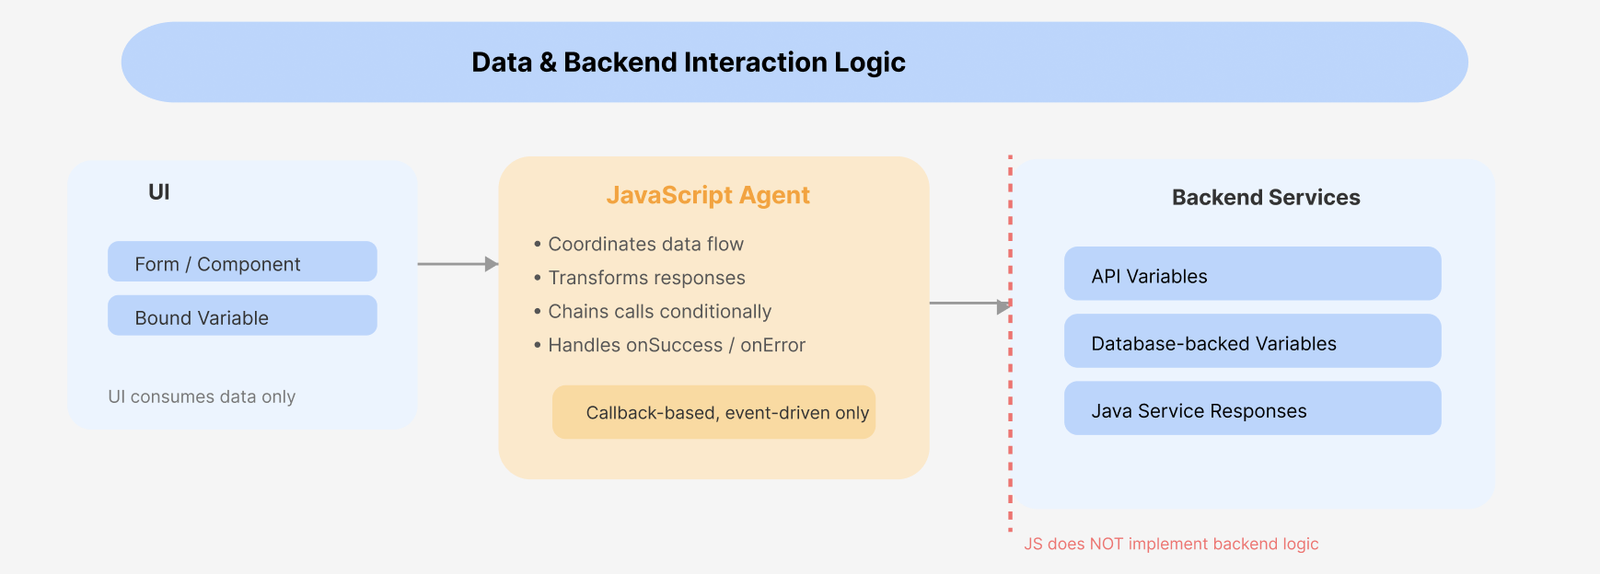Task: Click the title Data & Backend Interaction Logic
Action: [689, 63]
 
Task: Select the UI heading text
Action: [159, 192]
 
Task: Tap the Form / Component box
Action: [242, 262]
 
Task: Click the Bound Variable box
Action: [242, 316]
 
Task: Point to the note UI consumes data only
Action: [202, 397]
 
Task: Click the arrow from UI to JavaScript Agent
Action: [458, 264]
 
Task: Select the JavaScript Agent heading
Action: [708, 195]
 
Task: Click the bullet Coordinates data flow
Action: [645, 245]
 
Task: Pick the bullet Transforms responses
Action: [646, 278]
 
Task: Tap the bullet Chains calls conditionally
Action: [659, 312]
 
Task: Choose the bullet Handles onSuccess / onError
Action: [676, 346]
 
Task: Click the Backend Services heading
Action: [1266, 198]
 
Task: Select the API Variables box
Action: [1252, 274]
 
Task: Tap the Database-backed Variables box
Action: [1252, 341]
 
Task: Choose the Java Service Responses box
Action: [1252, 408]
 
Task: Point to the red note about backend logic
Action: [1171, 545]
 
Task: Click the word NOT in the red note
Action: [1107, 545]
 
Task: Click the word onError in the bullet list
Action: [773, 346]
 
